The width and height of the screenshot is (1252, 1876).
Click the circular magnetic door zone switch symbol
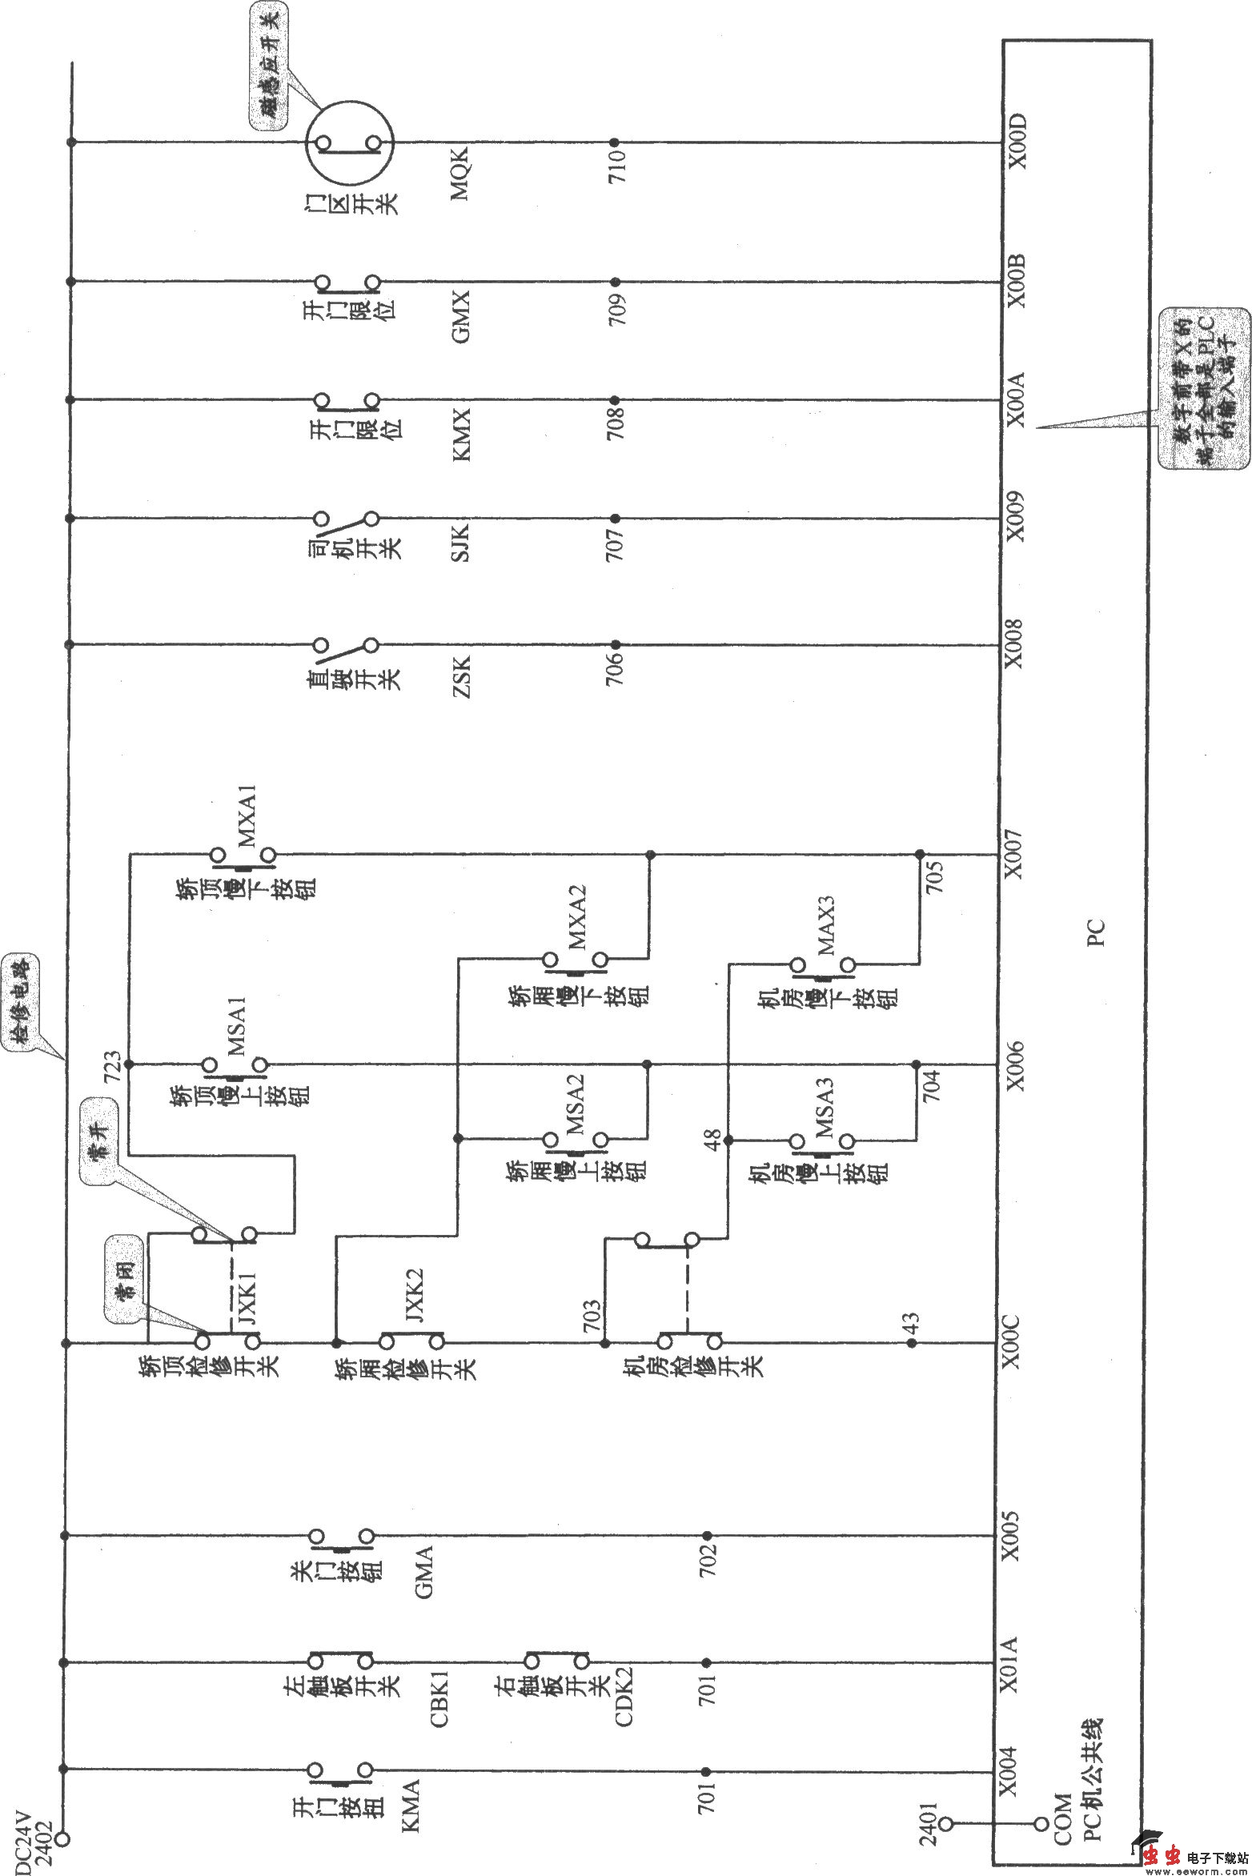pyautogui.click(x=349, y=143)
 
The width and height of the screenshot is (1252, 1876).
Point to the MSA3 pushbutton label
pyautogui.click(x=825, y=1110)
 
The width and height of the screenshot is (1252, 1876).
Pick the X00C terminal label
pyautogui.click(x=1013, y=1342)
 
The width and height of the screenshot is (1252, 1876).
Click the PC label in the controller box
pyautogui.click(x=1096, y=932)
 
